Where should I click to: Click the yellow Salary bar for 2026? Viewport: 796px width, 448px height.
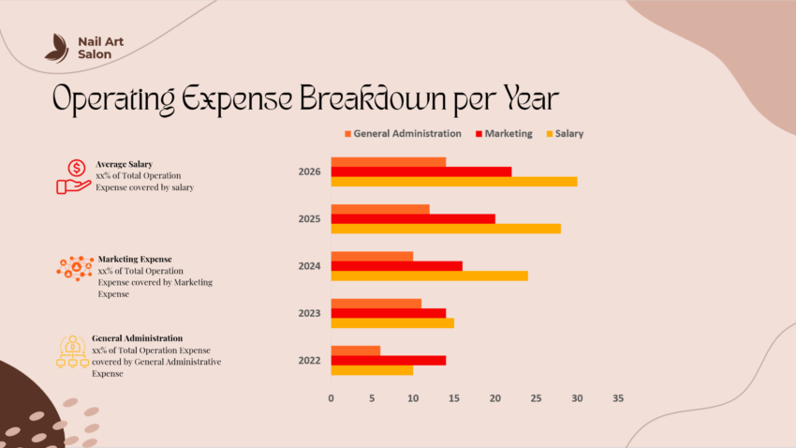pyautogui.click(x=453, y=181)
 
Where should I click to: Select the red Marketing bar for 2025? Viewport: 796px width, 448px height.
pyautogui.click(x=413, y=218)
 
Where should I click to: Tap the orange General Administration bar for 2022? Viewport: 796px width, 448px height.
pyautogui.click(x=356, y=351)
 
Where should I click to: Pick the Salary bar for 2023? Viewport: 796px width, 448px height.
pyautogui.click(x=392, y=322)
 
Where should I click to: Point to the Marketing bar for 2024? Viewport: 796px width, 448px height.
pyautogui.click(x=397, y=265)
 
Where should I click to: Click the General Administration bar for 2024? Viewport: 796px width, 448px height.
pyautogui.click(x=372, y=256)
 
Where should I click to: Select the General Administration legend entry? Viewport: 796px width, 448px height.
pyautogui.click(x=404, y=134)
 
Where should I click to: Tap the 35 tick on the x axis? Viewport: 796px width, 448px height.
pyautogui.click(x=618, y=398)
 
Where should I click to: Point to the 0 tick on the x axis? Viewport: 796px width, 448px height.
pyautogui.click(x=331, y=398)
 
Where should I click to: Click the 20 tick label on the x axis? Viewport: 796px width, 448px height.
pyautogui.click(x=494, y=398)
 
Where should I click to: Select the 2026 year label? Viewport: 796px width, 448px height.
pyautogui.click(x=309, y=172)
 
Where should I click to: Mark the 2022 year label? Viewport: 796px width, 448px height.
pyautogui.click(x=309, y=360)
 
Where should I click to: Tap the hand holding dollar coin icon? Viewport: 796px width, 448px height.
pyautogui.click(x=73, y=175)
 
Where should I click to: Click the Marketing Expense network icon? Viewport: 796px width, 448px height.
pyautogui.click(x=75, y=268)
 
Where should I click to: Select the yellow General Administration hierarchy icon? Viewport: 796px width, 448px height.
pyautogui.click(x=72, y=351)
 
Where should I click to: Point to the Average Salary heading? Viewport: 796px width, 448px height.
pyautogui.click(x=124, y=164)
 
